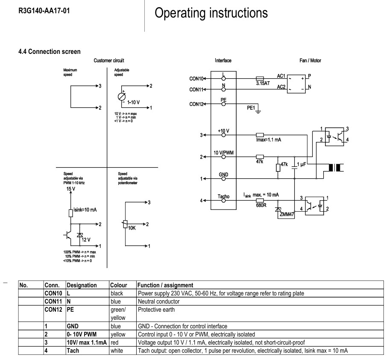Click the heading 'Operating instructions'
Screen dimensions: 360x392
pyautogui.click(x=211, y=13)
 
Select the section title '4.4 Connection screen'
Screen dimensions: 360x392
pyautogui.click(x=50, y=52)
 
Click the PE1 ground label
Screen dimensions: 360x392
pyautogui.click(x=251, y=108)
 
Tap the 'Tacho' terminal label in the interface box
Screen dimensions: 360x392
pyautogui.click(x=223, y=196)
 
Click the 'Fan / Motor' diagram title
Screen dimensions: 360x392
pyautogui.click(x=310, y=61)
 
